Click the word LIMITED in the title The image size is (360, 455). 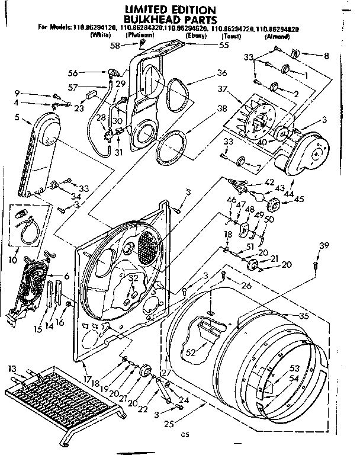pos(149,9)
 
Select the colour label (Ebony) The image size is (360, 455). pos(196,37)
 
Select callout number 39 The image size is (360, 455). pos(323,246)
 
